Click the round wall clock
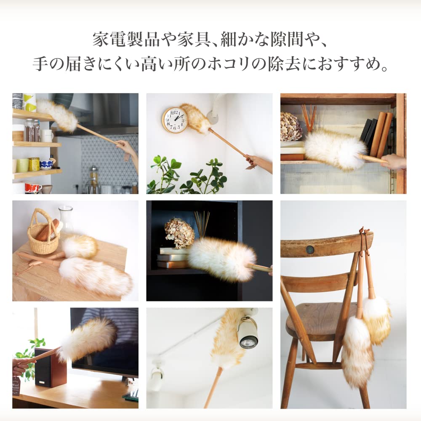pyautogui.click(x=175, y=120)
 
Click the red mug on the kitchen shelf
pyautogui.click(x=32, y=187)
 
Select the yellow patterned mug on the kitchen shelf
pyautogui.click(x=34, y=164)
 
